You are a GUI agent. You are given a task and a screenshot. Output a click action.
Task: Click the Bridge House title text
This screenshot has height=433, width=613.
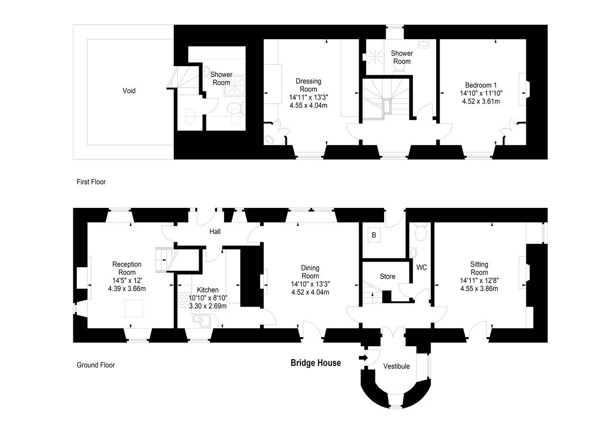pos(316,363)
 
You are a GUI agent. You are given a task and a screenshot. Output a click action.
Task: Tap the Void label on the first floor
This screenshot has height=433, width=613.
pos(129,91)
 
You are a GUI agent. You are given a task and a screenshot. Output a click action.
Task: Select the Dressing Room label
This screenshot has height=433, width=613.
pos(308,85)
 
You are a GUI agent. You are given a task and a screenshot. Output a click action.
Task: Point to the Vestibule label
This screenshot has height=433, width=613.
pos(397,366)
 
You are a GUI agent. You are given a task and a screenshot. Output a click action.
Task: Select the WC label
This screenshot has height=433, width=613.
pos(421,267)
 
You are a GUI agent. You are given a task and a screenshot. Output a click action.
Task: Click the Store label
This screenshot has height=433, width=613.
pos(387,276)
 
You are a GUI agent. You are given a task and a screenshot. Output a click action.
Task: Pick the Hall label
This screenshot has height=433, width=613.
pos(215,232)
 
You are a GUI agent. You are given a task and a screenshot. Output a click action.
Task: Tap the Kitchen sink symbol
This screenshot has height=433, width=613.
pos(200,320)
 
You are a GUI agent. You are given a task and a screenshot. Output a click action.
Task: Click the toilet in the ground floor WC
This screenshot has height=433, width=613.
pos(421,233)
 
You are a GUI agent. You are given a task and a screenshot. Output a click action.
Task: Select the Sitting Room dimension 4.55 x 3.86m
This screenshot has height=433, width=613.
pos(479,289)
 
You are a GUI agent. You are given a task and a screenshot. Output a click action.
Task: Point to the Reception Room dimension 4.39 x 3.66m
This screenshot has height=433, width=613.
pos(127,288)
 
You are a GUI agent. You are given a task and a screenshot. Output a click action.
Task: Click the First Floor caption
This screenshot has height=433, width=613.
pos(91,182)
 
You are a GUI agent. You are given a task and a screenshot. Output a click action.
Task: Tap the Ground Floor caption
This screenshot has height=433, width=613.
pos(96,365)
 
